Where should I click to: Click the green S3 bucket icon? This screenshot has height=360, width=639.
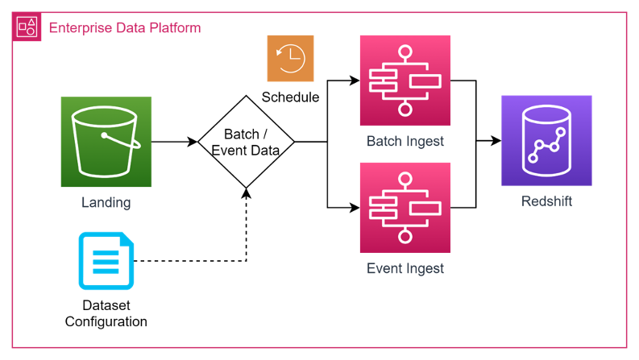click(106, 142)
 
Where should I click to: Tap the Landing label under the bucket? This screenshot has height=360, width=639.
click(106, 202)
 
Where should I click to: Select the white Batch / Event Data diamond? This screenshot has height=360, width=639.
click(246, 142)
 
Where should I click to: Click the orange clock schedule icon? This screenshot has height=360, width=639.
click(290, 58)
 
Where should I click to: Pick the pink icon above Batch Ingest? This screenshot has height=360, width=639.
click(405, 81)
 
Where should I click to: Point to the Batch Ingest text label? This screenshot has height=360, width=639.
click(405, 142)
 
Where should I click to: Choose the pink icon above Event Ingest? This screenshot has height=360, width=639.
click(405, 208)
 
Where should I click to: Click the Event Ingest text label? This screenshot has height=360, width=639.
click(405, 268)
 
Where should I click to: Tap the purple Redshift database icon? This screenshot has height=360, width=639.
click(546, 141)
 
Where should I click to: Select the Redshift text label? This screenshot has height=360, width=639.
click(546, 201)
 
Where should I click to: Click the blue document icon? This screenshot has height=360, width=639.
click(106, 261)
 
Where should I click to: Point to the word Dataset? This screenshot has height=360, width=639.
click(106, 306)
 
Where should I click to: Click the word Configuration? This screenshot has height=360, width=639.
click(106, 321)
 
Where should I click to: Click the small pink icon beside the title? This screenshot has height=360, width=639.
click(26, 27)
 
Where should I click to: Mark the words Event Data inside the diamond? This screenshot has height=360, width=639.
click(246, 151)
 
